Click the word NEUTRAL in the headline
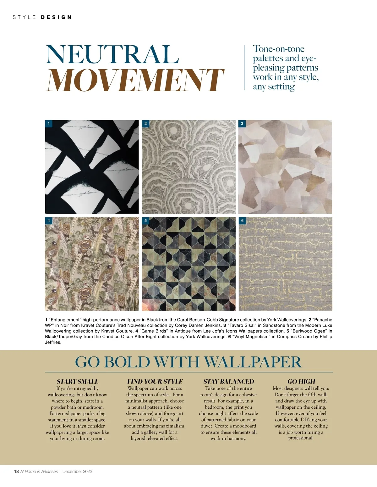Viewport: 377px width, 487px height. coord(112,55)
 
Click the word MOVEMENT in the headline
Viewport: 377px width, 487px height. coord(135,80)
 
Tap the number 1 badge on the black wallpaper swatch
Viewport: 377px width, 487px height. coord(49,124)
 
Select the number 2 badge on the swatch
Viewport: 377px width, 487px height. coord(145,124)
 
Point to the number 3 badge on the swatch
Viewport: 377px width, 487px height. coord(242,124)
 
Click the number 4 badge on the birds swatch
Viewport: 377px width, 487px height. coord(49,221)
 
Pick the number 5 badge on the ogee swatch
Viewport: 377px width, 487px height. coord(145,221)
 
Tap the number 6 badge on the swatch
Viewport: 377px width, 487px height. coord(242,221)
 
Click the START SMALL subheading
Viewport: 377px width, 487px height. coord(77,382)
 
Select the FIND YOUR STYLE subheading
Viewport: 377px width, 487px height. coord(155,382)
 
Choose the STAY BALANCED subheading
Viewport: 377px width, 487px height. coord(228,382)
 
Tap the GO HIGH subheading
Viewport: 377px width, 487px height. coord(301,382)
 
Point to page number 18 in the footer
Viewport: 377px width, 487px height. coord(16,471)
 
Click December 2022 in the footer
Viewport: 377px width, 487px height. coord(77,471)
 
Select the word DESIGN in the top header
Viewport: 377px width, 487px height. coord(57,17)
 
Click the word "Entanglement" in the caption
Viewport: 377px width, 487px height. coord(65,320)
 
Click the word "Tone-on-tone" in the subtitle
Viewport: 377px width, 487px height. coord(279,49)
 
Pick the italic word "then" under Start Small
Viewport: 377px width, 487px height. coord(82,426)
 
